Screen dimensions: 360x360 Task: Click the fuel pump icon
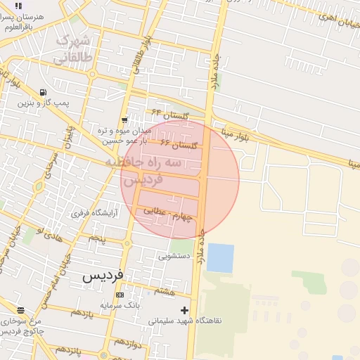point(44,92)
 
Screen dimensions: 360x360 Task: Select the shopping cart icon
point(124,120)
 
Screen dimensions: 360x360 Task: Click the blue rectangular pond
point(220,258)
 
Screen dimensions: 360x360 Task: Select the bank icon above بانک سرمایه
point(120,295)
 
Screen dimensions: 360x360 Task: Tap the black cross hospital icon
point(184,309)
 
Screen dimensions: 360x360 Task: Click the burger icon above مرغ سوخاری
point(20,310)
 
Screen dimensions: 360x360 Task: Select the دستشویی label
point(174,257)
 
